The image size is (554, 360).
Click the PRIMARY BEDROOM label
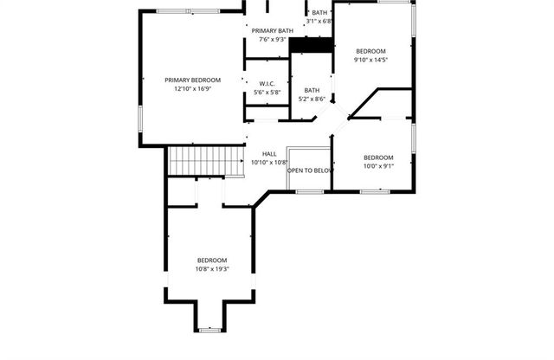coord(193,80)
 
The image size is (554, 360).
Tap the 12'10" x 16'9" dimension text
coord(193,88)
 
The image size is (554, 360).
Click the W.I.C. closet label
coord(267,84)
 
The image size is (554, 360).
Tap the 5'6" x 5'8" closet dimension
coord(267,93)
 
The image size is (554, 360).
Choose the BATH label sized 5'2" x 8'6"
coord(312,90)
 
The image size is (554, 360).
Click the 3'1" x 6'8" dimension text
coord(318,21)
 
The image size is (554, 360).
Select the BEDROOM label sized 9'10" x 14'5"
coord(370,51)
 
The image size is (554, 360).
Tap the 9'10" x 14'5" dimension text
coord(370,60)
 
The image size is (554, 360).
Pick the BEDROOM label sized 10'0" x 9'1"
coord(378,157)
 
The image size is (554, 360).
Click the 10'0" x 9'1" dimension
coord(378,166)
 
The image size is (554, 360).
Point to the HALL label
coord(268,154)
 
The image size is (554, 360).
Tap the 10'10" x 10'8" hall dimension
coord(268,163)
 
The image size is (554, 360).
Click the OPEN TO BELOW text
coord(310,170)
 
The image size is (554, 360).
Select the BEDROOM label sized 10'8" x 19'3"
coord(212,260)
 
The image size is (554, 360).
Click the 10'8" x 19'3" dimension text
coord(212,269)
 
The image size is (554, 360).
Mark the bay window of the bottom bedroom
coord(211,330)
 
